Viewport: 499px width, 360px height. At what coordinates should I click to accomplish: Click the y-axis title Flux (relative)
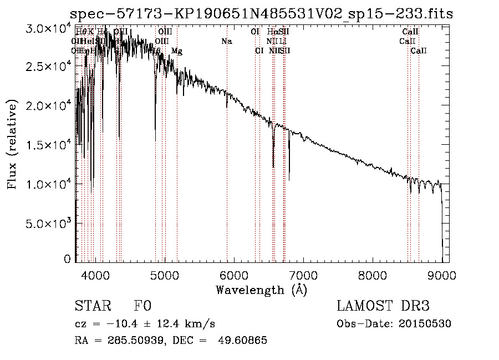pos(12,144)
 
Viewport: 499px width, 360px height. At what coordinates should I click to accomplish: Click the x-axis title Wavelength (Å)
pos(261,290)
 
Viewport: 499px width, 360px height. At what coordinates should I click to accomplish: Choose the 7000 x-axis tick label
pos(303,274)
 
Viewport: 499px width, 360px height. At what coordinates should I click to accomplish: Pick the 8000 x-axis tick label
pos(372,274)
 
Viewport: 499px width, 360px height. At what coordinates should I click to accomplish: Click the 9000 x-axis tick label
pos(441,274)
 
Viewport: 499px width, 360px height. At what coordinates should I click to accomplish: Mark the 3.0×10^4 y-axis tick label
pos(49,28)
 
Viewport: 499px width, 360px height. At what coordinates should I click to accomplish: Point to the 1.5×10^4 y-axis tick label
pos(49,145)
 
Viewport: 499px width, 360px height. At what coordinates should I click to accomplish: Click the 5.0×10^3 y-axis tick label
pos(49,223)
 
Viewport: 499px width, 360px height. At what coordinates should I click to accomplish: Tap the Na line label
pos(226,42)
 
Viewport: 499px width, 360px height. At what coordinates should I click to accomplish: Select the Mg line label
pos(176,51)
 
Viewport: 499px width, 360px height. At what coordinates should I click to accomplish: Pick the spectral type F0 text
pos(142,306)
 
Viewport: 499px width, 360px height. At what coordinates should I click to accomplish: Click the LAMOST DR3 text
pos(383,306)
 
